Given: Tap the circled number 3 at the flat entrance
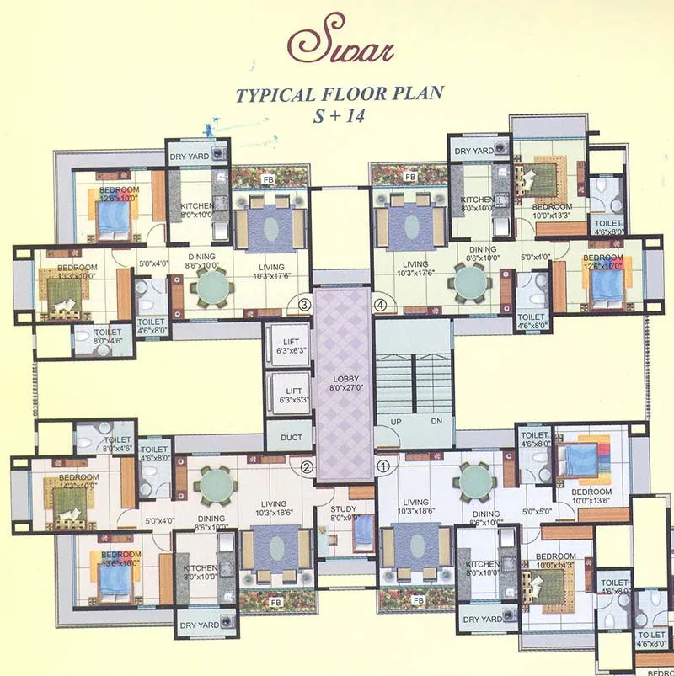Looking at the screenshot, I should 305,304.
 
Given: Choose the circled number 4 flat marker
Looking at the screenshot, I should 380,304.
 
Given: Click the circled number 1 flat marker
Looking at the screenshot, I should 382,464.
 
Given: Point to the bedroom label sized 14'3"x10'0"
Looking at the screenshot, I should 78,482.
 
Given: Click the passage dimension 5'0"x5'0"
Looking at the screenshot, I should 538,511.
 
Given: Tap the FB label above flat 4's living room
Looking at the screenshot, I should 410,178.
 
